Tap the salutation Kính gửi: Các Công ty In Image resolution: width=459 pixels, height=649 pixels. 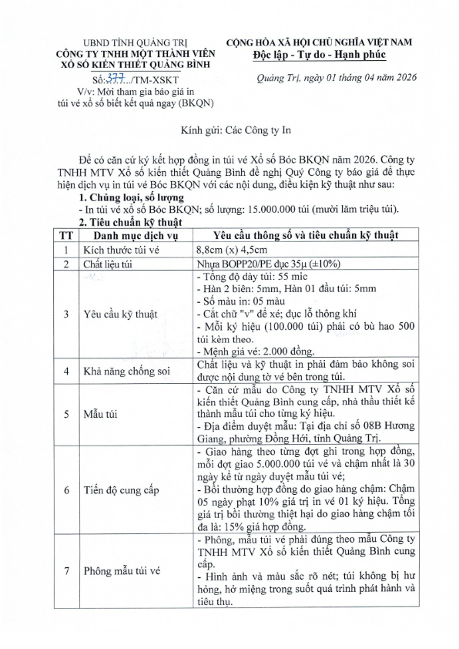228,131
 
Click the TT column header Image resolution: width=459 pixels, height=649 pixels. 67,235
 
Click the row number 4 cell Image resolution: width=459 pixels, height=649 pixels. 67,371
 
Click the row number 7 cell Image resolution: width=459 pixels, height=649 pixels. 67,571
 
